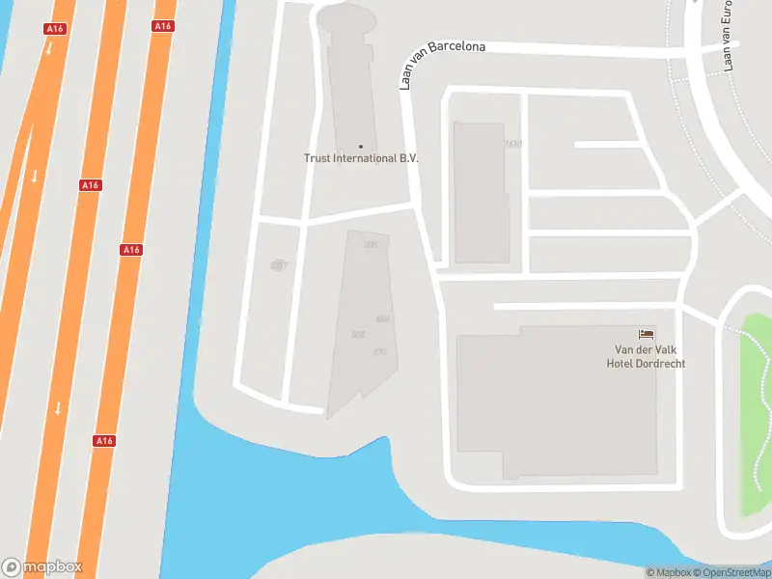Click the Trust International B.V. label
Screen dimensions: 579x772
tap(361, 158)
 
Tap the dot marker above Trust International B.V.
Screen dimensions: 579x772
tap(361, 147)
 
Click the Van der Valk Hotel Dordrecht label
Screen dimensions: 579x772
tap(645, 356)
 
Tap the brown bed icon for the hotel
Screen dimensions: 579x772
tap(645, 334)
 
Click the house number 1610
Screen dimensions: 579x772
tap(512, 144)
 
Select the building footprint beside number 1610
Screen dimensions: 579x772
tap(479, 193)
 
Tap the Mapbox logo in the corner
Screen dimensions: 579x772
tap(42, 567)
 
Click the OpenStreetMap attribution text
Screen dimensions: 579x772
tap(732, 572)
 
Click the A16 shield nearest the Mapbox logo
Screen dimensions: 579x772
tap(104, 440)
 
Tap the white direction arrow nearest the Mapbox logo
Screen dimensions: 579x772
tap(58, 407)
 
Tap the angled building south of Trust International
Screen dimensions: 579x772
tap(359, 318)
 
